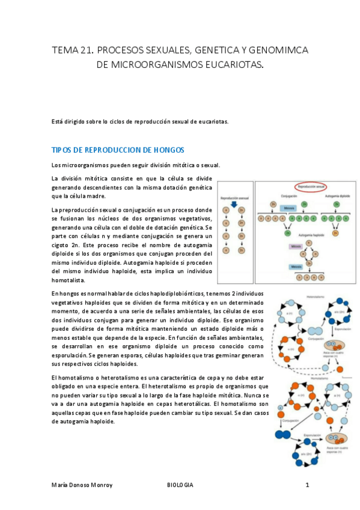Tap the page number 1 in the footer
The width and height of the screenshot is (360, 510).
click(x=307, y=485)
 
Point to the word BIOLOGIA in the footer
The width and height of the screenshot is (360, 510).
click(x=180, y=485)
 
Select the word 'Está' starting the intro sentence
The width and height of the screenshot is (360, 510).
click(x=58, y=121)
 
